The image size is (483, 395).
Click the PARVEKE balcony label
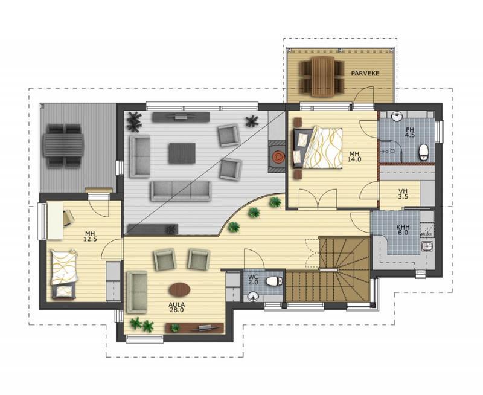click(x=365, y=73)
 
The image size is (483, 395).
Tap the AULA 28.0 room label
click(x=176, y=307)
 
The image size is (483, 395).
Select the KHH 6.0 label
click(x=403, y=230)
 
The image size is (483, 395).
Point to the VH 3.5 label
click(x=403, y=194)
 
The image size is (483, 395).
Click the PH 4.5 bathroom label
click(x=410, y=132)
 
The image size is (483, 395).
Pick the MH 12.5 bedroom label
click(x=90, y=236)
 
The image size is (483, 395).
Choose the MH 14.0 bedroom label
click(x=354, y=156)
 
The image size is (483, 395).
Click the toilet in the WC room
click(x=274, y=281)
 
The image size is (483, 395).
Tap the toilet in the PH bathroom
click(x=424, y=152)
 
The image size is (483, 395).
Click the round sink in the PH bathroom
click(x=397, y=117)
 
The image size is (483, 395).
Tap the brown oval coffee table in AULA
click(x=179, y=289)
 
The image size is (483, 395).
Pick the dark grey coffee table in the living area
click(x=182, y=153)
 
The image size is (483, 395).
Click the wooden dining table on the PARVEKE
click(x=323, y=77)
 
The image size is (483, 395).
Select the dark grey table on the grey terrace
click(x=64, y=145)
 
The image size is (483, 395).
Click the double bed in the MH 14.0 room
click(x=318, y=148)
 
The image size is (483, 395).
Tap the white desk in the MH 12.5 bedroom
click(x=56, y=220)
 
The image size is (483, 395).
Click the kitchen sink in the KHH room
click(x=427, y=246)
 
